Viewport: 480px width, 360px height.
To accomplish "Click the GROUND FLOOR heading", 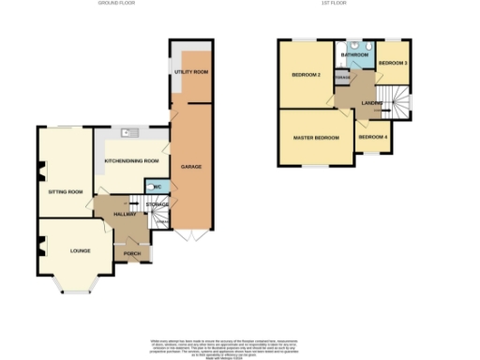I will click(x=116, y=4).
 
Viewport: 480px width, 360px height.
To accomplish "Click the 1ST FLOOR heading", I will click(x=334, y=4).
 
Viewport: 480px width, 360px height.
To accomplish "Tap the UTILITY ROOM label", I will click(x=190, y=71).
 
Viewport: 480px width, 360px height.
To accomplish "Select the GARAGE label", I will click(x=191, y=167).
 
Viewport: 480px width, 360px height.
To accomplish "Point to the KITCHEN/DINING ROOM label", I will click(x=131, y=159).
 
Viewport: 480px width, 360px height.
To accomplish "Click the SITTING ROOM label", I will click(x=66, y=191).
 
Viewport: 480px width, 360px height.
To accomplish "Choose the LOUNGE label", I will click(x=67, y=251).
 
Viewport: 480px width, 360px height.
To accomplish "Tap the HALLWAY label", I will click(x=125, y=215).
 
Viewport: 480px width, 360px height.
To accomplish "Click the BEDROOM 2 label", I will click(x=307, y=75).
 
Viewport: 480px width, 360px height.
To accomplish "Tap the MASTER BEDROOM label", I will click(x=314, y=138).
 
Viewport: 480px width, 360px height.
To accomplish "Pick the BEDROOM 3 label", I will click(x=393, y=63).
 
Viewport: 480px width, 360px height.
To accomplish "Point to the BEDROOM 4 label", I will click(x=373, y=138).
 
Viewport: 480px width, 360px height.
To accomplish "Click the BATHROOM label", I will click(x=354, y=55).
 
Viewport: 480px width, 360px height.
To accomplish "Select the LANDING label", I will click(x=371, y=102).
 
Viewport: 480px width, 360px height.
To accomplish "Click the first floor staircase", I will click(x=400, y=100).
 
